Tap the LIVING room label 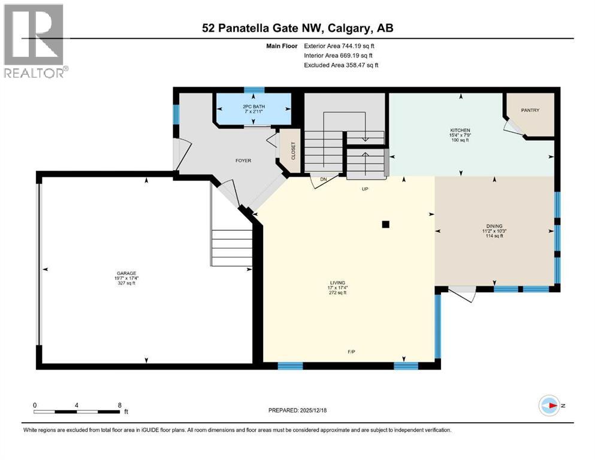337,283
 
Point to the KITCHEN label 460,131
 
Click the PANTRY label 530,110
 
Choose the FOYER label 243,161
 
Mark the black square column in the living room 386,225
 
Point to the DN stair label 323,179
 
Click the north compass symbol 550,405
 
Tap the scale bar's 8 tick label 120,405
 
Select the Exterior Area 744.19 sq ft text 341,46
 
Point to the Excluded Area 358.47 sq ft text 341,65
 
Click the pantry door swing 511,126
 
